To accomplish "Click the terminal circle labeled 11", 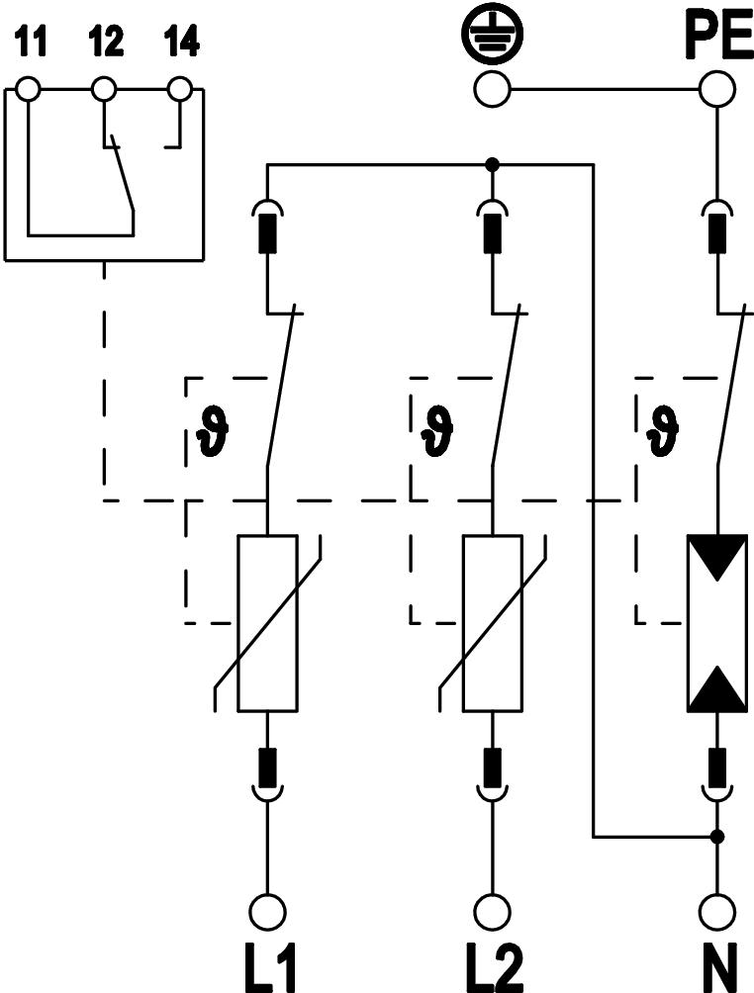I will click(28, 90).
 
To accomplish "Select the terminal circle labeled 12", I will click(103, 90).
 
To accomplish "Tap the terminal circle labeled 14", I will click(179, 90).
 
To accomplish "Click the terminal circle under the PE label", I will click(715, 91).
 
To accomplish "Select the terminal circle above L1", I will click(267, 909).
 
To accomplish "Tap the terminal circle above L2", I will click(492, 909).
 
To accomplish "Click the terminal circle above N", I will click(716, 909).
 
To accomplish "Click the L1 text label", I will click(267, 966).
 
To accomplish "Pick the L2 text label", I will click(492, 966).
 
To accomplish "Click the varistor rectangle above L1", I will click(267, 622).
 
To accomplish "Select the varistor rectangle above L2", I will click(492, 622).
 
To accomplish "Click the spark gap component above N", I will click(716, 622).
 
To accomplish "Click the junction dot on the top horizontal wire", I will click(493, 164).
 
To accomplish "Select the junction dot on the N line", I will click(717, 837).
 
